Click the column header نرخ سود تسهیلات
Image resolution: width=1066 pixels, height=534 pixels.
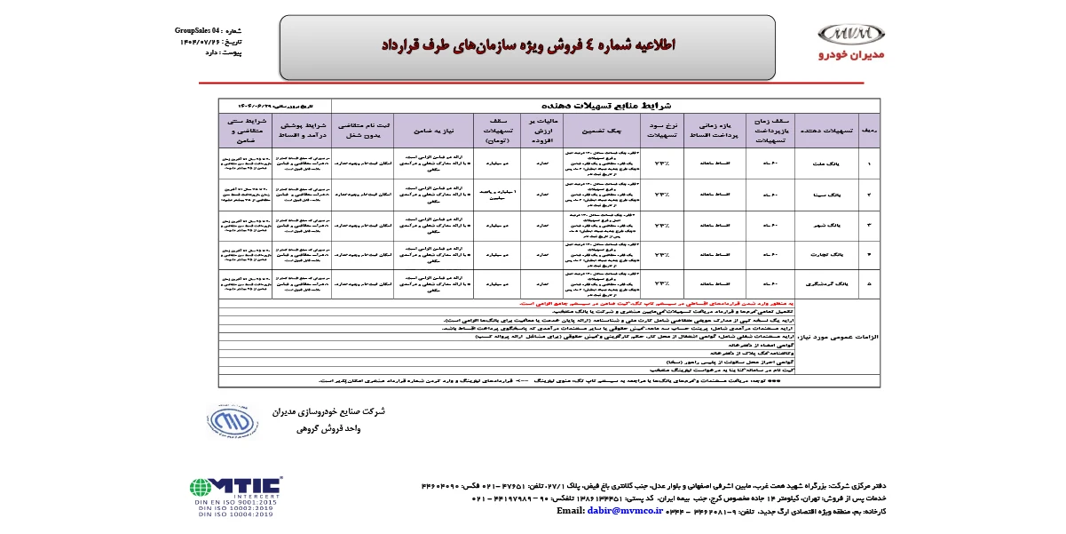pyautogui.click(x=660, y=129)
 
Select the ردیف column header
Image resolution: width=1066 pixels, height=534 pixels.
pyautogui.click(x=872, y=130)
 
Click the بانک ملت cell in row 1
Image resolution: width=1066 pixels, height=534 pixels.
pyautogui.click(x=830, y=163)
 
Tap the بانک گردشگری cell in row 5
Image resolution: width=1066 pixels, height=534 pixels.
pyautogui.click(x=830, y=283)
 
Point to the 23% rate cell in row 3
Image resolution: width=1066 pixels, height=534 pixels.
pyautogui.click(x=660, y=224)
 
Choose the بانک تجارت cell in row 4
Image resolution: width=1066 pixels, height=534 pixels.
pyautogui.click(x=830, y=253)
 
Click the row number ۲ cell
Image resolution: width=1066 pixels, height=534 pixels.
pyautogui.click(x=872, y=194)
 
